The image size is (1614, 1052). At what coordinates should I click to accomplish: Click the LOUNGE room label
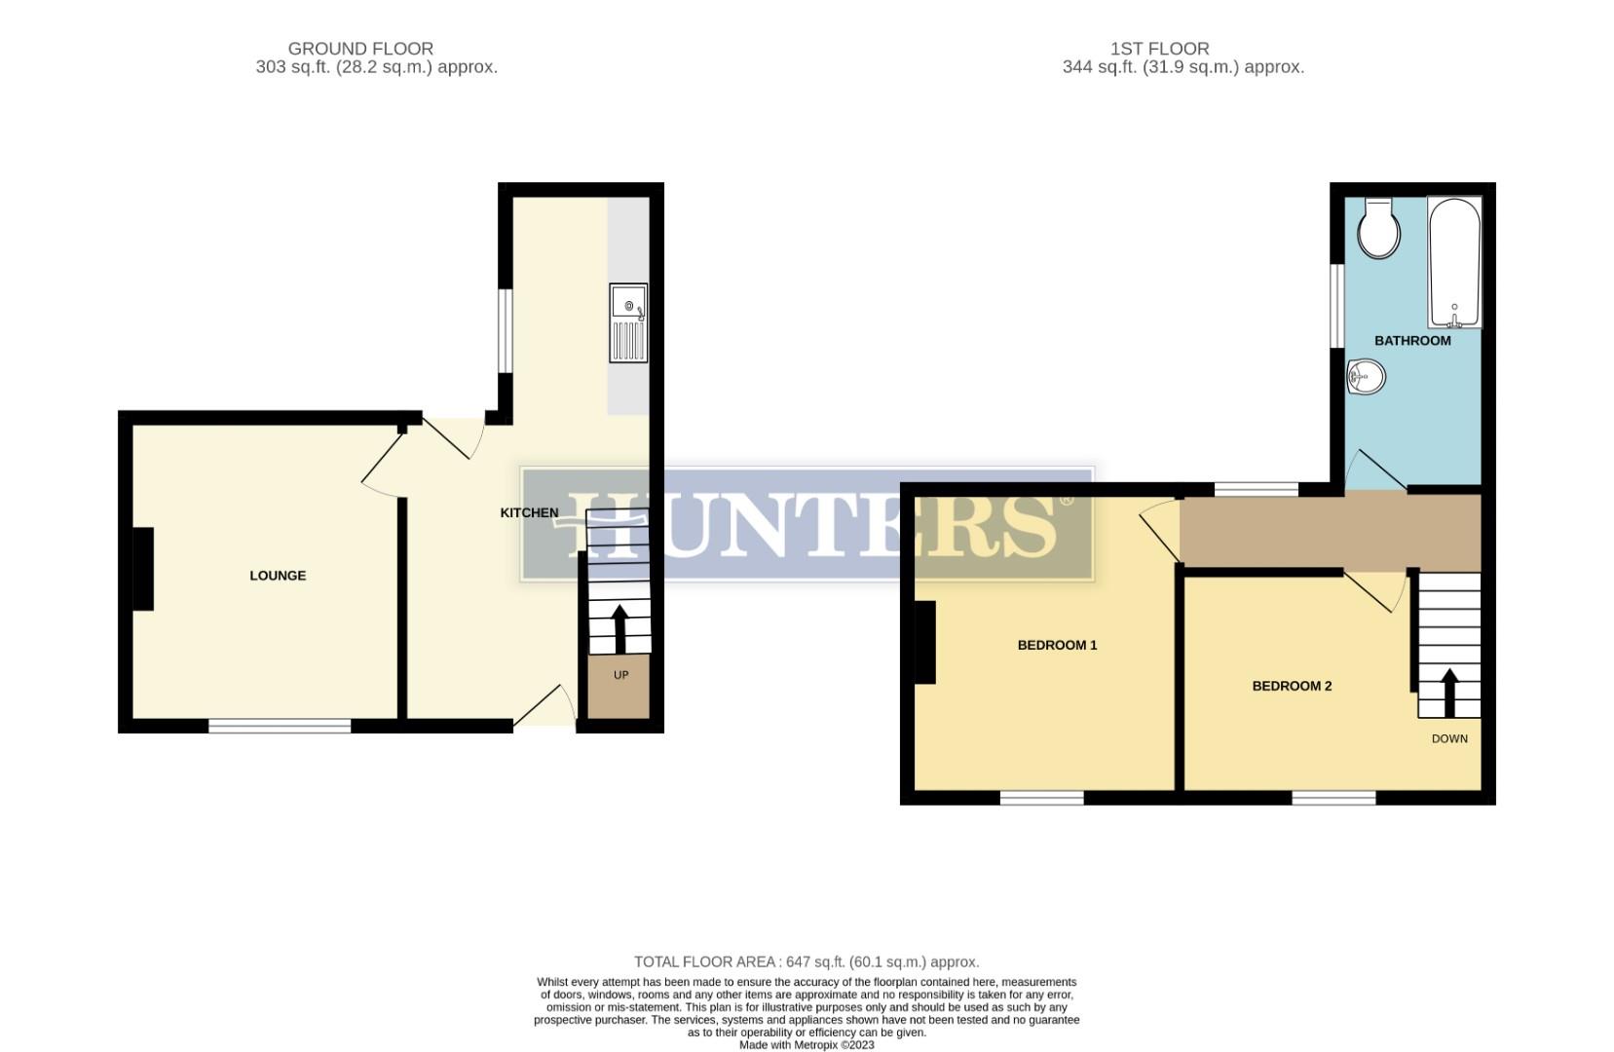coord(278,576)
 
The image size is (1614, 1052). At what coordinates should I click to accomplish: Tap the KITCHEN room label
coord(529,512)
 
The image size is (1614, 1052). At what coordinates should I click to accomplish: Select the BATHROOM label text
coord(1412,341)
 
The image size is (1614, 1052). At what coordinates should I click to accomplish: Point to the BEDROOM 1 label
coord(1057,645)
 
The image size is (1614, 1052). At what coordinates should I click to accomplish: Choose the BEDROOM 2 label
coord(1292,686)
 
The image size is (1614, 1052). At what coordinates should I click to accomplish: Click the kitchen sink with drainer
coord(628,322)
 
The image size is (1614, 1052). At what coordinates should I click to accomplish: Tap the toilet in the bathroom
coord(1378,230)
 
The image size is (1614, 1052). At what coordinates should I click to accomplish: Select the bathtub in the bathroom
coord(1453,263)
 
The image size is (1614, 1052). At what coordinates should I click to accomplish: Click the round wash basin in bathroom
coord(1366,376)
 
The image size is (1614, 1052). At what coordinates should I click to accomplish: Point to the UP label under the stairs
coord(620,675)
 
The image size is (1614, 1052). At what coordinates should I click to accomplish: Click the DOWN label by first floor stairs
coord(1449,738)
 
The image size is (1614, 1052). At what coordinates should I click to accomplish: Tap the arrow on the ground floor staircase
coord(619,628)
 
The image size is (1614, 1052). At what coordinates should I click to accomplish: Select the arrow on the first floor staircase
coord(1449,692)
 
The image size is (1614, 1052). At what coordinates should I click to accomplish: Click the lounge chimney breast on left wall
coord(143,569)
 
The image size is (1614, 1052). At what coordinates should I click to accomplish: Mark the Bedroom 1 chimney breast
coord(924,642)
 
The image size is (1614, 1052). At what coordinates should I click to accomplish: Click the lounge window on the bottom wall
coord(280,726)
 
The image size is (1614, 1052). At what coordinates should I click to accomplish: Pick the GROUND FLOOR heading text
coord(360,49)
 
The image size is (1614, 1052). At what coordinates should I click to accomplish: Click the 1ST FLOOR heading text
coord(1159,49)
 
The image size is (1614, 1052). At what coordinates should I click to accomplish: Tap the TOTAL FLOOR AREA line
coord(807,961)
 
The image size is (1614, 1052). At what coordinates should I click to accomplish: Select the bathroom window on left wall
coord(1338,305)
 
